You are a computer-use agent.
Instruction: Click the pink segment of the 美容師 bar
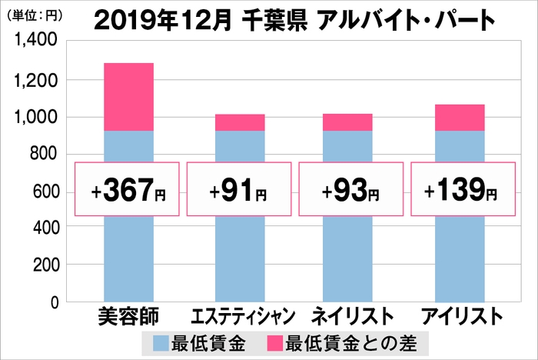128,97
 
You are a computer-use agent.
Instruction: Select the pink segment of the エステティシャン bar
240,122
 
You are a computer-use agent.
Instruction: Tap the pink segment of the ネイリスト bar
348,122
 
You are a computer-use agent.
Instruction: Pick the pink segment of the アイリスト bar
460,118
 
